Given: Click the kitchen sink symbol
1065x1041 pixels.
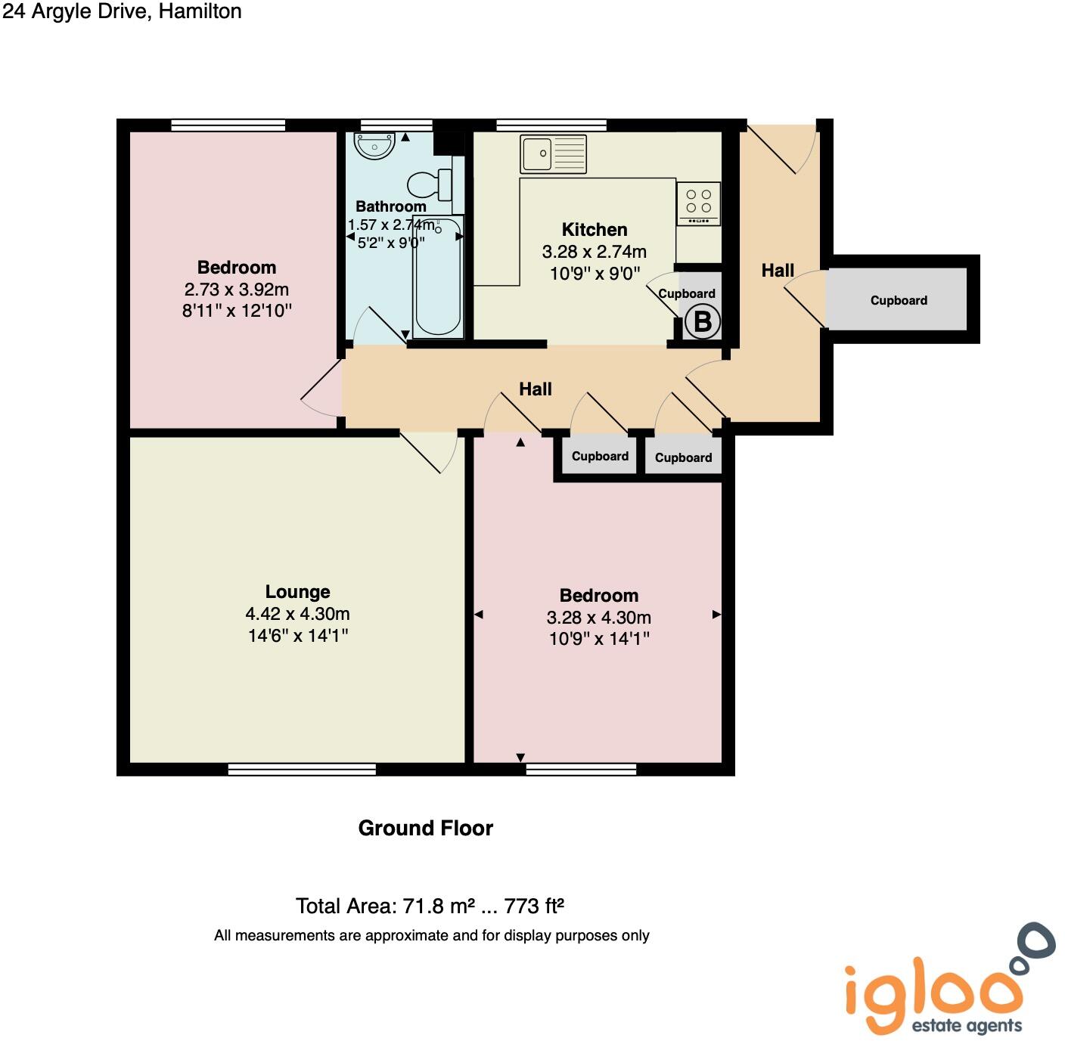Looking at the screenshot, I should click(x=553, y=154).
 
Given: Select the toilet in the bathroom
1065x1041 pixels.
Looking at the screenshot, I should click(x=430, y=184).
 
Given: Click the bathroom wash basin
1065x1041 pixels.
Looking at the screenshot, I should click(x=374, y=146).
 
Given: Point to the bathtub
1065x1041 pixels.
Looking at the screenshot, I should click(x=438, y=276).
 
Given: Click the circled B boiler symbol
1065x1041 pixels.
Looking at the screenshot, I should click(x=702, y=322).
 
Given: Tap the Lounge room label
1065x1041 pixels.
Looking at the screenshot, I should click(x=297, y=592).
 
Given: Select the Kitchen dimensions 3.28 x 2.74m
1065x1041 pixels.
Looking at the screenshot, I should click(x=594, y=252).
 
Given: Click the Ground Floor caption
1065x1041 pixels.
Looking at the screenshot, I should click(x=425, y=829).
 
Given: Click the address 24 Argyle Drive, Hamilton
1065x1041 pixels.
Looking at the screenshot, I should click(x=122, y=11).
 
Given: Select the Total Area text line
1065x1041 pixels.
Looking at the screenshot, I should click(x=430, y=906).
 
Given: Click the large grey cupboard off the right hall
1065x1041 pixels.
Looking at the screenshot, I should click(x=898, y=299).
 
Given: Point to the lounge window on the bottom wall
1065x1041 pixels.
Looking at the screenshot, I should click(x=302, y=770).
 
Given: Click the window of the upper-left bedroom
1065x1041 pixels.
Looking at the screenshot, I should click(x=228, y=125).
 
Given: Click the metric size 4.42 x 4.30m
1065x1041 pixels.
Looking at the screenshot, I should click(x=297, y=614).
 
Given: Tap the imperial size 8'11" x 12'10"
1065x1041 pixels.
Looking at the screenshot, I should click(x=237, y=311).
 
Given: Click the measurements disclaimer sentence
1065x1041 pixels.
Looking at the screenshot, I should click(x=431, y=936).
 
